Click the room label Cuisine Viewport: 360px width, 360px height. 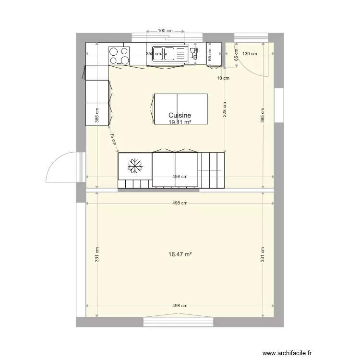tap(180, 116)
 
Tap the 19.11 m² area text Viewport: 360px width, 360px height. tap(180, 122)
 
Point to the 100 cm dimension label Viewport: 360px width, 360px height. tap(165, 31)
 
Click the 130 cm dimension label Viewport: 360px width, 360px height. tap(250, 54)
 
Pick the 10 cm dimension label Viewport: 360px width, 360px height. tap(223, 78)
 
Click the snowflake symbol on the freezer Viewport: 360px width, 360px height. tap(135, 166)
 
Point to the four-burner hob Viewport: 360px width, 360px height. tap(119, 55)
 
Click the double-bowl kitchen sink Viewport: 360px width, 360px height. tap(168, 53)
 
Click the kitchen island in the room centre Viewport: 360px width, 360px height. tap(180, 108)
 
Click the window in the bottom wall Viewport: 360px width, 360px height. tap(178, 322)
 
